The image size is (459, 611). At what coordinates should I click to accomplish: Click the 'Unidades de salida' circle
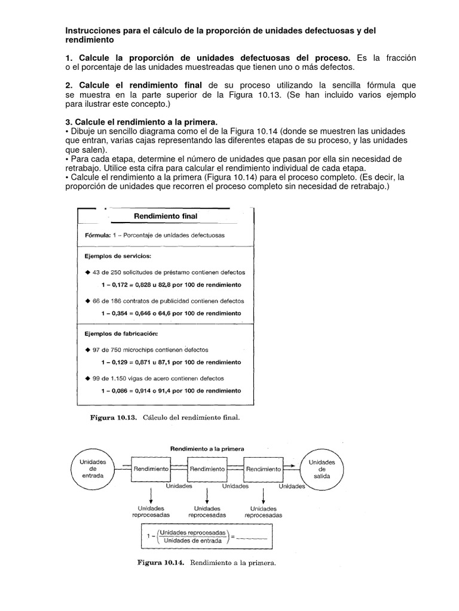click(322, 470)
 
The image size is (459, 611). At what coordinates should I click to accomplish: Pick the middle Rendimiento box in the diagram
click(207, 470)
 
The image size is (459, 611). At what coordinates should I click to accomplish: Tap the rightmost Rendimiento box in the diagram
click(263, 470)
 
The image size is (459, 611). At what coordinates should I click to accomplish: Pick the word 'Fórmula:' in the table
click(97, 235)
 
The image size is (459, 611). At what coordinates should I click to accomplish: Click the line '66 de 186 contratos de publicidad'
click(164, 301)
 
